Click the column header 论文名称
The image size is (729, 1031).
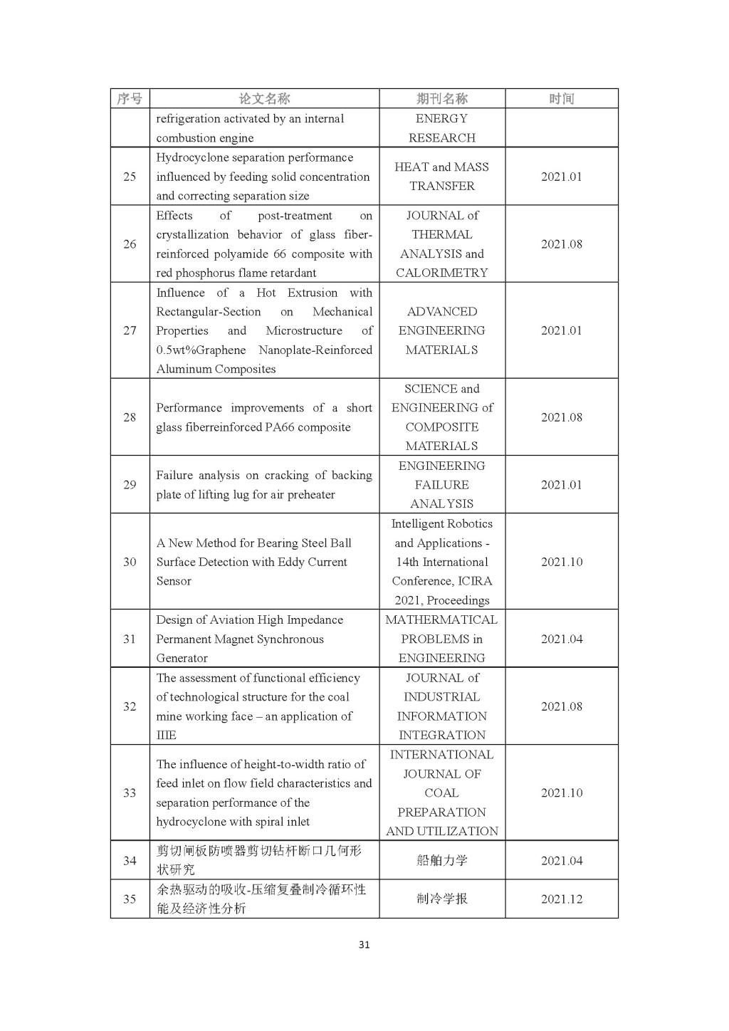pyautogui.click(x=264, y=99)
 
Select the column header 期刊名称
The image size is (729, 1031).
pyautogui.click(x=442, y=99)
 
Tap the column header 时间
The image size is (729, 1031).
pyautogui.click(x=562, y=99)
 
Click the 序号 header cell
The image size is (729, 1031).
pyautogui.click(x=130, y=99)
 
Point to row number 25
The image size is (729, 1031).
pyautogui.click(x=130, y=177)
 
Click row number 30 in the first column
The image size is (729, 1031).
pyautogui.click(x=130, y=562)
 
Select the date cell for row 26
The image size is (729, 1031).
pyautogui.click(x=562, y=244)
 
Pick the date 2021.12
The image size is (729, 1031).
pyautogui.click(x=562, y=899)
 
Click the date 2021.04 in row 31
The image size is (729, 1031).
pyautogui.click(x=562, y=639)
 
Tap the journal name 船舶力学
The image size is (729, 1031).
pyautogui.click(x=442, y=861)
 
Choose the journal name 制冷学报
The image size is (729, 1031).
pyautogui.click(x=442, y=899)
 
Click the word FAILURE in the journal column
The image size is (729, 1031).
pyautogui.click(x=442, y=485)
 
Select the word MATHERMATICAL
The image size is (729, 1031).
pyautogui.click(x=442, y=620)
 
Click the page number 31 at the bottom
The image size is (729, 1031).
pyautogui.click(x=364, y=945)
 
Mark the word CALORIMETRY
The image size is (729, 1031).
pyautogui.click(x=442, y=273)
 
